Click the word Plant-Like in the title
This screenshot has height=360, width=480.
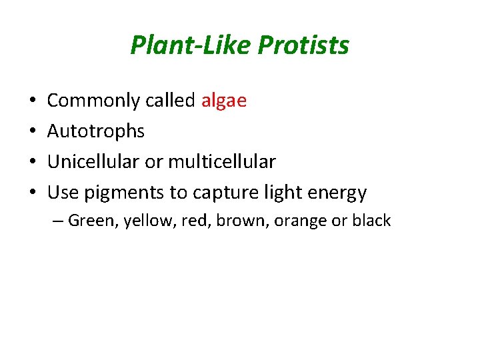tap(191, 45)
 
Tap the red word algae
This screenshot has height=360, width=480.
tap(223, 101)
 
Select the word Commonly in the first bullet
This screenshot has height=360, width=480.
tap(84, 101)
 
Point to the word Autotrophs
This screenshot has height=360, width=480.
tap(96, 131)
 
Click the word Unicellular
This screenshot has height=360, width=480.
tap(89, 162)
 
